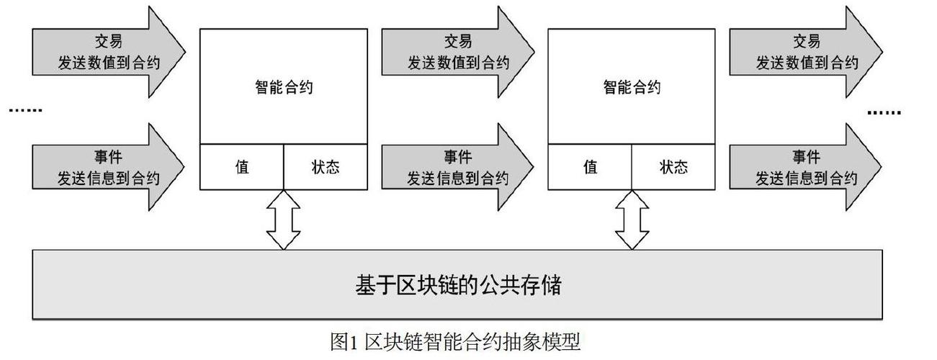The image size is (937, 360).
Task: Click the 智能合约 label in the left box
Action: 283,88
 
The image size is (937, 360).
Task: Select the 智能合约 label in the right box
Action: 632,88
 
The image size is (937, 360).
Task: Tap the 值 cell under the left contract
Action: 242,167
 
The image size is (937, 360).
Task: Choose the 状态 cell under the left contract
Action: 326,167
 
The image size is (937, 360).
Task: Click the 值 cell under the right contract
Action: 591,167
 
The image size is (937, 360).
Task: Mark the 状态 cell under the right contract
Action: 674,167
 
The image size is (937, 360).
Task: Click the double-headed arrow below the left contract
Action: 284,220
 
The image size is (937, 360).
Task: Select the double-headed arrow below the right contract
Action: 632,220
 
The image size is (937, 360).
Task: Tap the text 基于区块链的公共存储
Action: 458,285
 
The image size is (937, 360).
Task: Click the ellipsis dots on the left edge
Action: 25,110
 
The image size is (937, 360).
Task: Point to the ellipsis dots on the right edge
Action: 884,112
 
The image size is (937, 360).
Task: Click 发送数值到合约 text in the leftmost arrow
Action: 109,63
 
